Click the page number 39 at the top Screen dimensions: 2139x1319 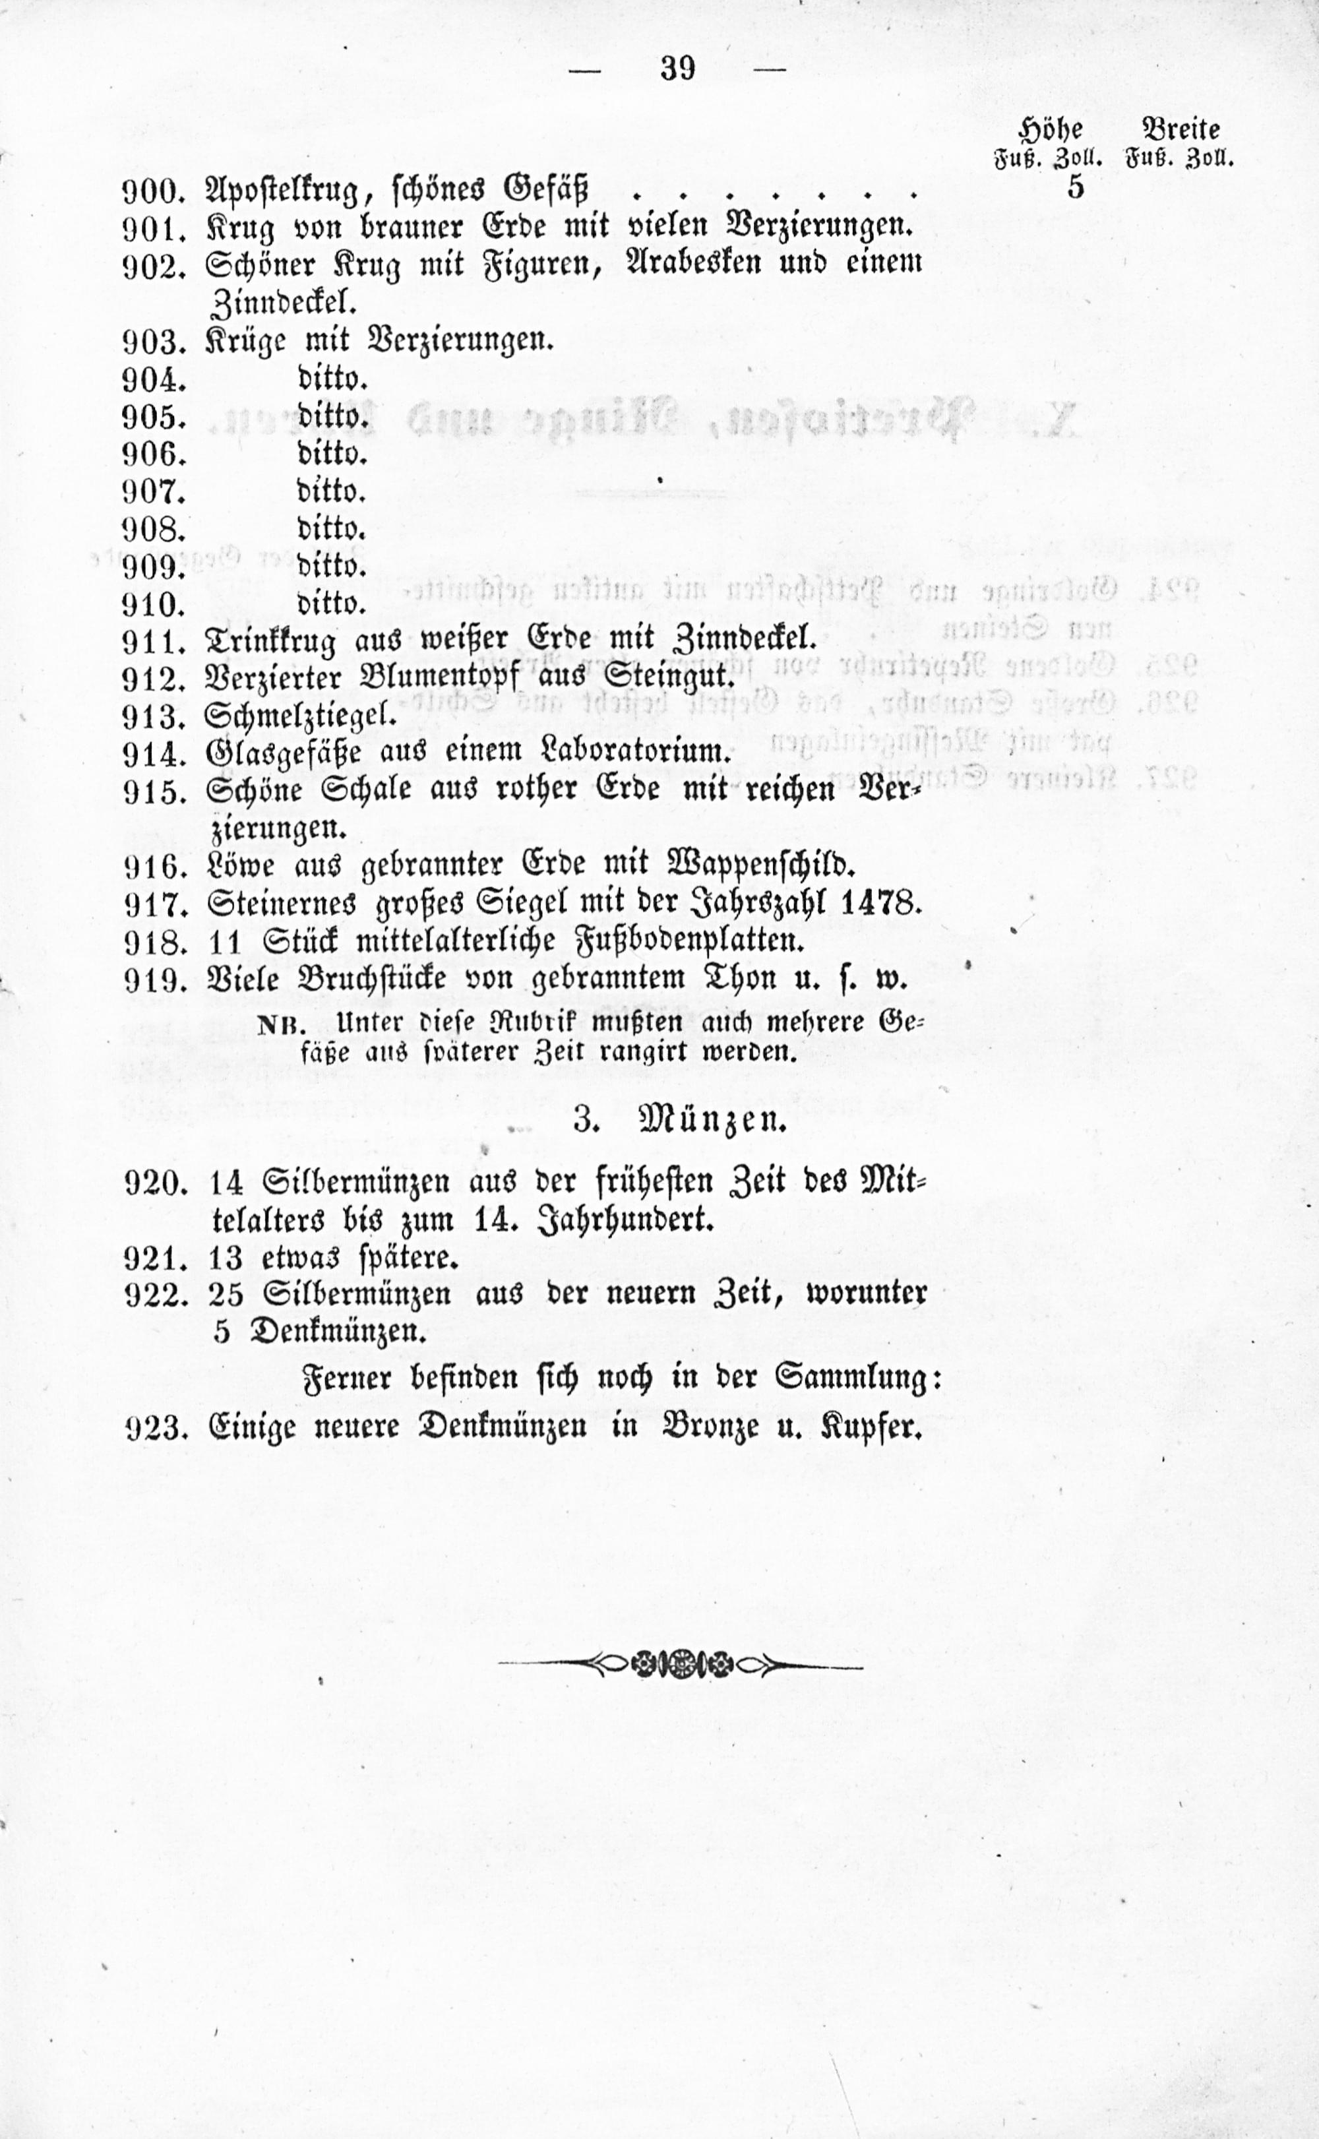678,68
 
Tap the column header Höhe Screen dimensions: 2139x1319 1051,130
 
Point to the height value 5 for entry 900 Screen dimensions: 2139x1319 1075,187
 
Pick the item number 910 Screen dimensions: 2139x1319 154,604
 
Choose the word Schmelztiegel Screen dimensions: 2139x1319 299,716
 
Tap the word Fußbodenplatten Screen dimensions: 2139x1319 691,941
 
